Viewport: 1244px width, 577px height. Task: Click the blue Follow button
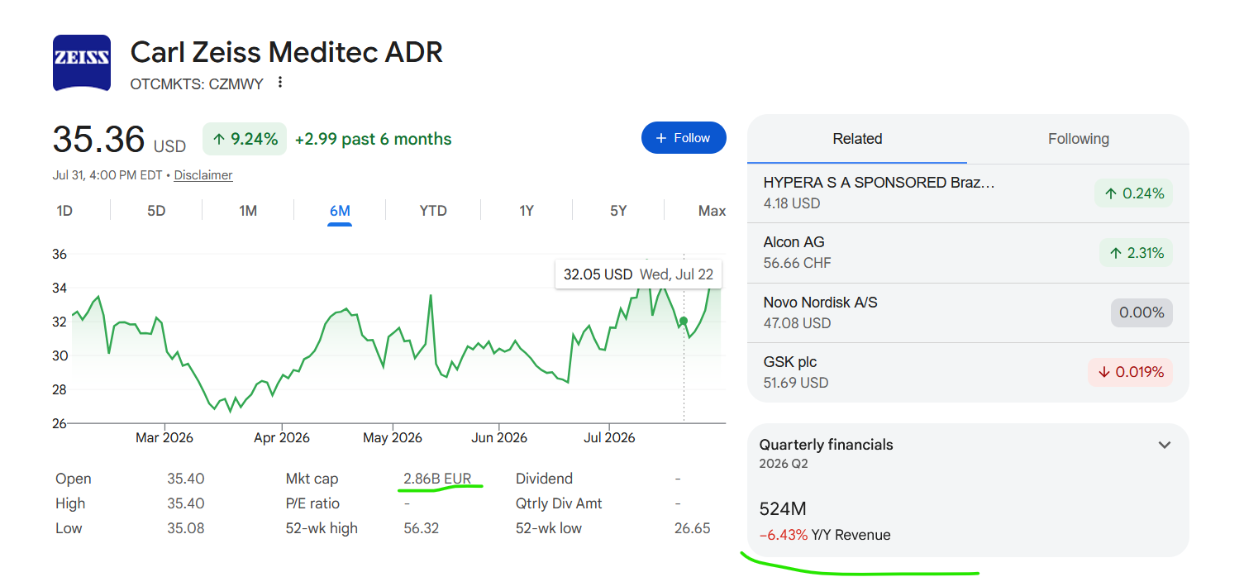(684, 138)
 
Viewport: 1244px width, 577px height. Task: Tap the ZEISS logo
(82, 62)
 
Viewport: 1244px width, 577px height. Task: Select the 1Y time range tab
(526, 211)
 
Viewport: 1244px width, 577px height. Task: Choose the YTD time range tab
(432, 211)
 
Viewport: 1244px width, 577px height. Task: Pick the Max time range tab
(712, 211)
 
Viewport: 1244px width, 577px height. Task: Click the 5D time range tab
(156, 211)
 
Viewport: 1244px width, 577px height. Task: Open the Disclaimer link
(203, 175)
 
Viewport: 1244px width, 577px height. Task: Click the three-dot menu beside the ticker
(280, 82)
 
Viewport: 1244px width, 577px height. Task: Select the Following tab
(1078, 139)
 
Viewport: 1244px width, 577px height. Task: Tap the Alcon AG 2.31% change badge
(1136, 253)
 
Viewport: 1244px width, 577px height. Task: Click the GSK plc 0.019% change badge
(1130, 372)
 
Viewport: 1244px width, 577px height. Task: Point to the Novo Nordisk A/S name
(820, 303)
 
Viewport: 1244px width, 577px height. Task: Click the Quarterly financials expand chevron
(1165, 445)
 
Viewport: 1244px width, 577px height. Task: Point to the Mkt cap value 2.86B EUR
(437, 479)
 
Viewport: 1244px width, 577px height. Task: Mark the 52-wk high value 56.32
(421, 528)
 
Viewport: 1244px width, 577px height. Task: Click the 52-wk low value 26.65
(692, 528)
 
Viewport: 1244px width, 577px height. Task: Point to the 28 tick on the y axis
(60, 390)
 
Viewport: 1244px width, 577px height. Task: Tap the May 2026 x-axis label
(392, 437)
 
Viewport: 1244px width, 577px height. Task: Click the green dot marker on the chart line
(684, 321)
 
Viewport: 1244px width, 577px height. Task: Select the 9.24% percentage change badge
(245, 139)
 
